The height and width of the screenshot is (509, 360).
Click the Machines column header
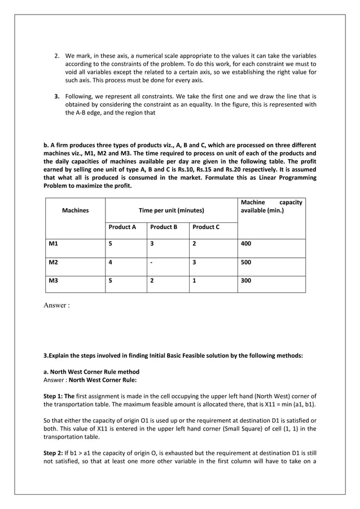(x=76, y=210)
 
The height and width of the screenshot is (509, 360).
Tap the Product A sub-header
(x=122, y=227)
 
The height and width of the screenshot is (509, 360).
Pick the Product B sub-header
(x=164, y=227)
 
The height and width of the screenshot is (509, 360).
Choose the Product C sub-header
(x=206, y=227)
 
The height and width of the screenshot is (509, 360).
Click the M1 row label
(x=54, y=244)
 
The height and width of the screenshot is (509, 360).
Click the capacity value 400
(x=246, y=244)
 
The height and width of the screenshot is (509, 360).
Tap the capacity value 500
(x=246, y=262)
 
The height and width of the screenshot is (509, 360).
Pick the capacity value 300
(x=246, y=280)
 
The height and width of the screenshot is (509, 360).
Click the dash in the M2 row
(x=151, y=262)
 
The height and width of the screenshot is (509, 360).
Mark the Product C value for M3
(x=194, y=280)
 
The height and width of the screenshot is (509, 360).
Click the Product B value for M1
(x=151, y=244)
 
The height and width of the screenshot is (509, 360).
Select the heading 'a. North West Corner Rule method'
(x=91, y=372)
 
